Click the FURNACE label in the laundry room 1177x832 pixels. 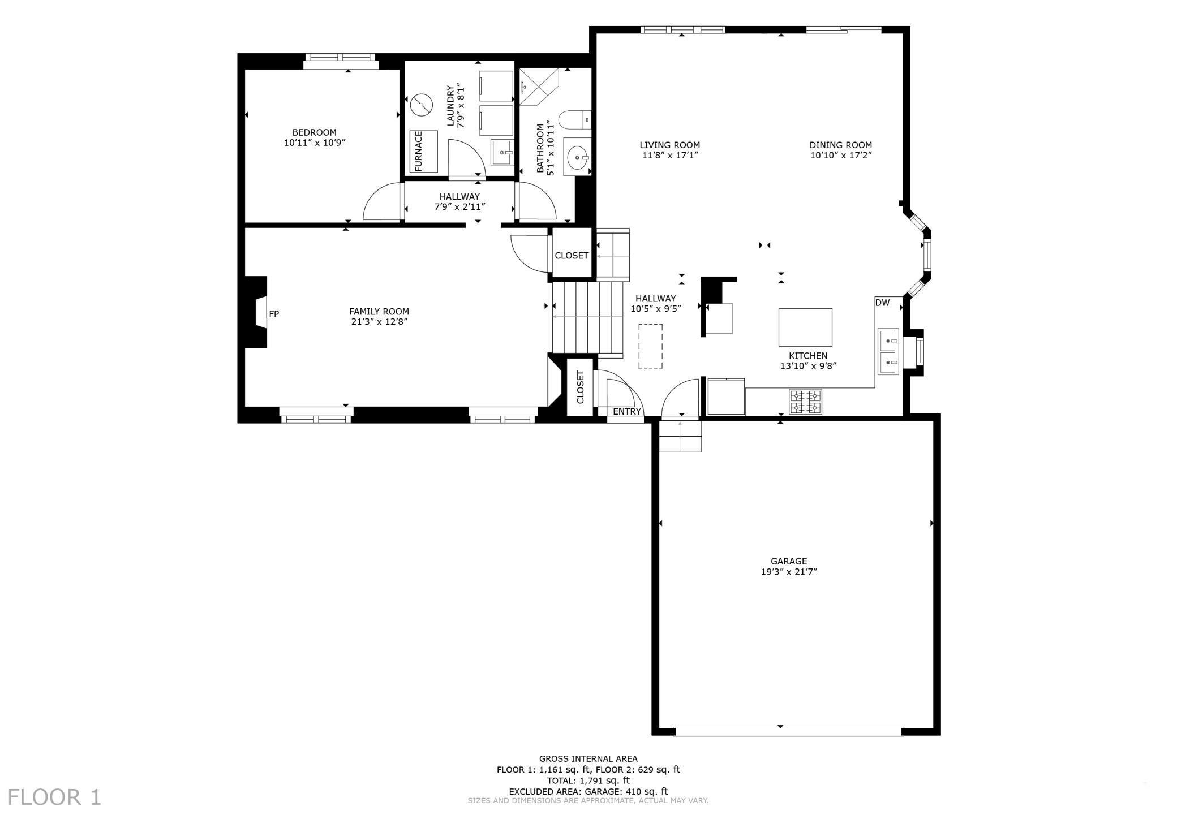pyautogui.click(x=419, y=151)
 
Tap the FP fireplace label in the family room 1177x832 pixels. pyautogui.click(x=274, y=314)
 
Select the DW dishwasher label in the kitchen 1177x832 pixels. pyautogui.click(x=882, y=303)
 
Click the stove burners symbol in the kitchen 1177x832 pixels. pyautogui.click(x=806, y=401)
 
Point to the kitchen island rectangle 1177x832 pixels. pyautogui.click(x=805, y=327)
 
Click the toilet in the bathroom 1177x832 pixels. pyautogui.click(x=574, y=120)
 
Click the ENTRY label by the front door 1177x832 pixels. pyautogui.click(x=627, y=411)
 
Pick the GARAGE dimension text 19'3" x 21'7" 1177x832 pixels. pyautogui.click(x=789, y=572)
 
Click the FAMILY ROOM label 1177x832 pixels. pyautogui.click(x=379, y=311)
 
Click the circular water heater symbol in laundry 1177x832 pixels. pyautogui.click(x=421, y=104)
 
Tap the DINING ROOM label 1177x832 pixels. pyautogui.click(x=840, y=145)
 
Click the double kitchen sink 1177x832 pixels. pyautogui.click(x=888, y=351)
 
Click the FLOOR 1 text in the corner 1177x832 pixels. pyautogui.click(x=54, y=797)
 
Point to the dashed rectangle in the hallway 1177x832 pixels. pyautogui.click(x=651, y=346)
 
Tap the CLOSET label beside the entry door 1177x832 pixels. pyautogui.click(x=580, y=387)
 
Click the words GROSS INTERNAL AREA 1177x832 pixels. pyautogui.click(x=588, y=758)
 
